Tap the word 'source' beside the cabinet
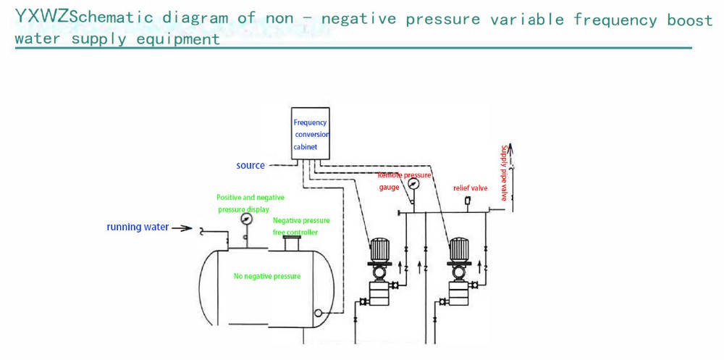tap(251, 166)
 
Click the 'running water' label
tap(138, 227)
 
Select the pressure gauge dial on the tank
tap(246, 219)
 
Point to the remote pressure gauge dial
tap(413, 184)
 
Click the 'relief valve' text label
tap(470, 188)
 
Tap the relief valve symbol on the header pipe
tap(468, 201)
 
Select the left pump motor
tap(379, 251)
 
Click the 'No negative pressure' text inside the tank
tap(267, 276)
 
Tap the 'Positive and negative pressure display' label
tap(250, 204)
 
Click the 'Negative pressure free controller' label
tap(300, 226)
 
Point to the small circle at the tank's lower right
tap(317, 314)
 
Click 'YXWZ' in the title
tap(43, 16)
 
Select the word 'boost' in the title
tap(689, 20)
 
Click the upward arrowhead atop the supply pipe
tap(511, 149)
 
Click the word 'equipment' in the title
tap(178, 38)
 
